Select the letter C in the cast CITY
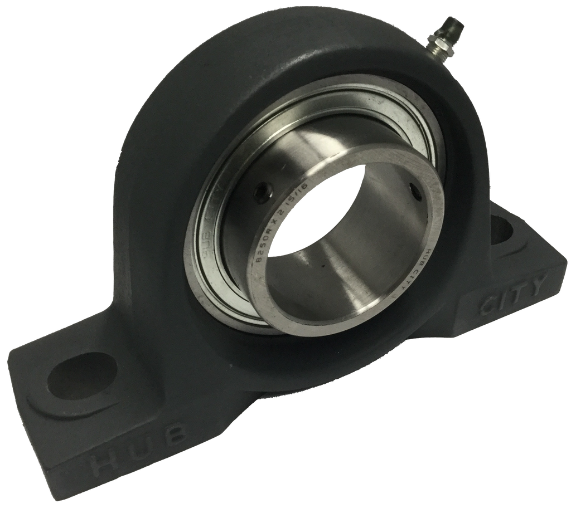click(485, 304)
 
